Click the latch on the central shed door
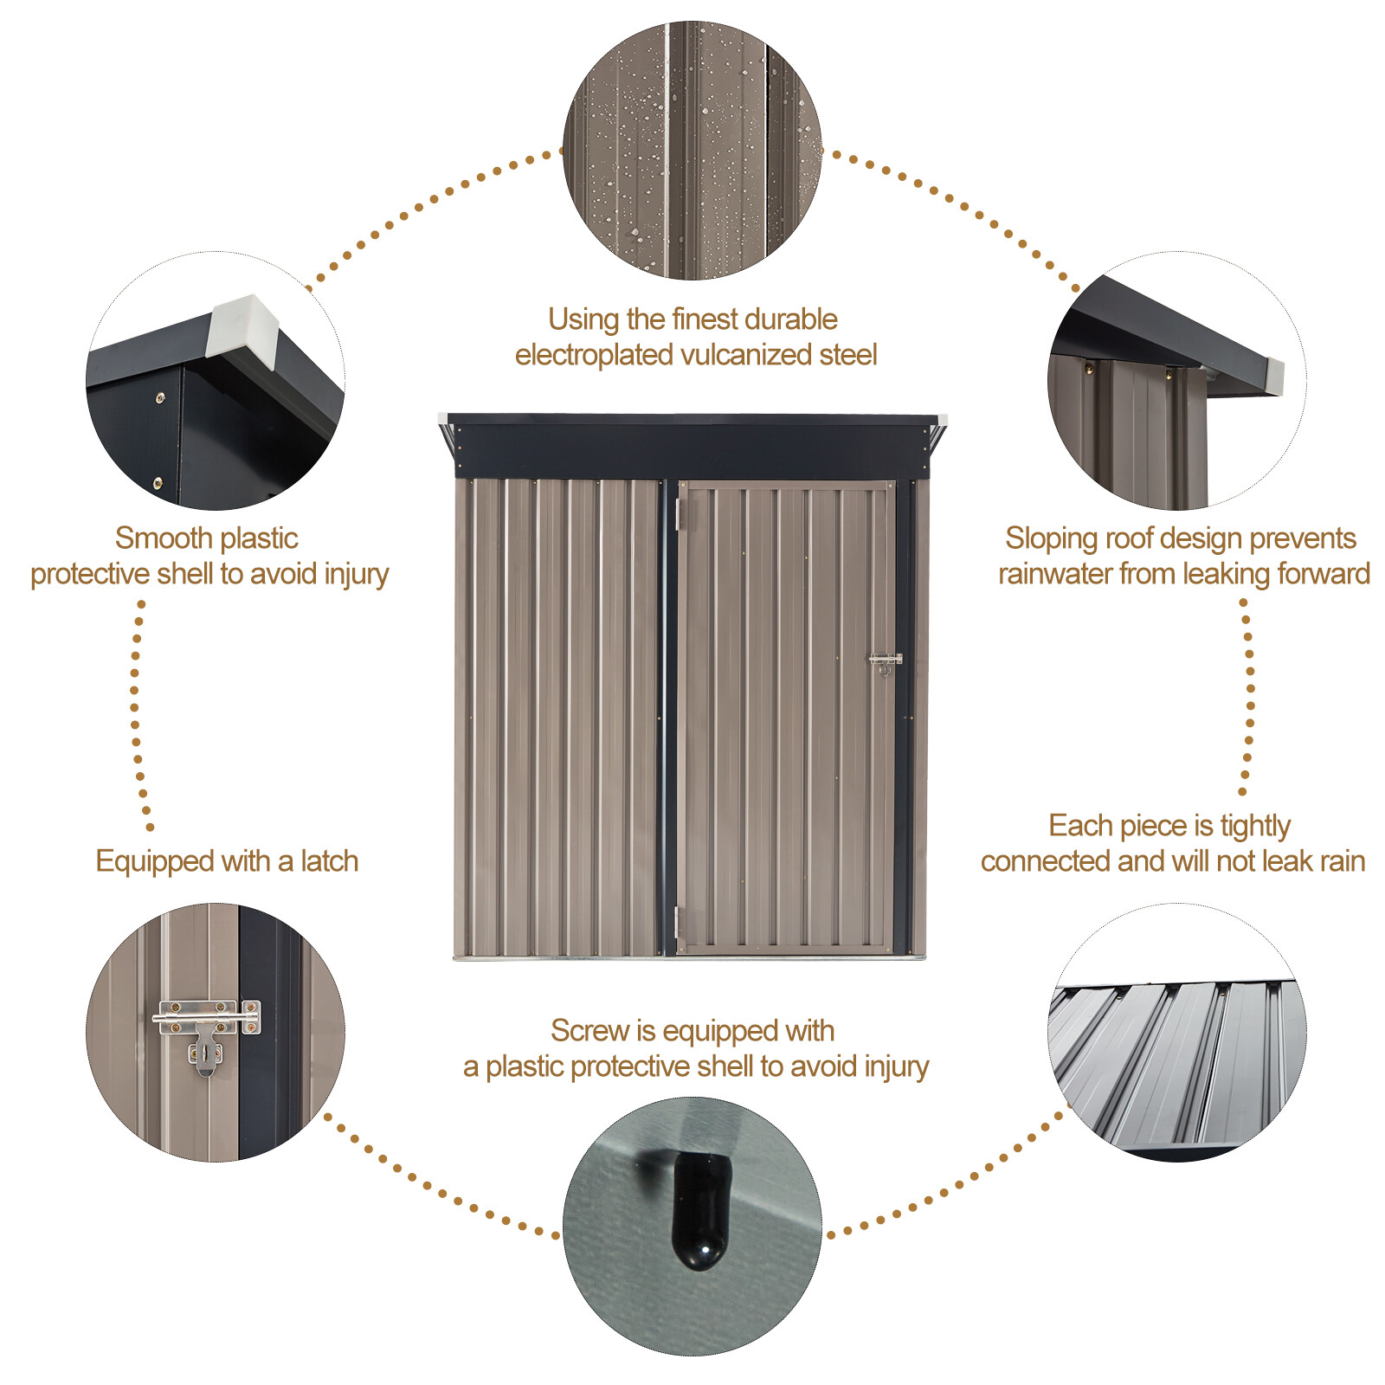pos(885,662)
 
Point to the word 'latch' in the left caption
pos(329,861)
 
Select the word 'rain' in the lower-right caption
pos(1342,861)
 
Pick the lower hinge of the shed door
pos(678,924)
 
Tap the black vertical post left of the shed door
pos(669,718)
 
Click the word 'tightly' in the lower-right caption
pos(1254,826)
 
